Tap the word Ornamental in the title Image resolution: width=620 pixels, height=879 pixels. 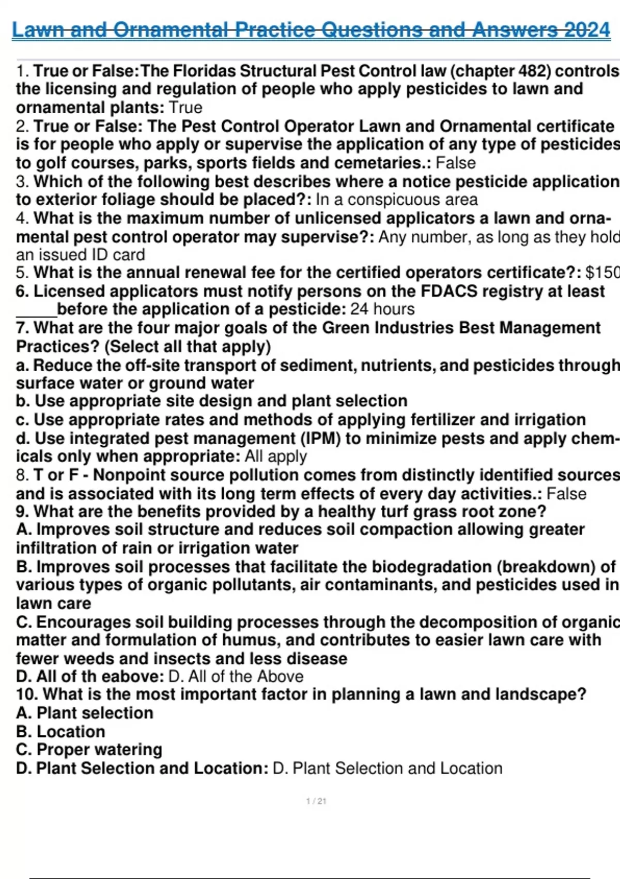(171, 30)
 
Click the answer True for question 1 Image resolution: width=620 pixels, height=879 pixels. (185, 108)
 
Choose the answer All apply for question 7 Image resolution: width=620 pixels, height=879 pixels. (276, 457)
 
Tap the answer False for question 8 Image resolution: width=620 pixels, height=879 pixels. (566, 493)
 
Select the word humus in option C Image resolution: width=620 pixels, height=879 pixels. (251, 640)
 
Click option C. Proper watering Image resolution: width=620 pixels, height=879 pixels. (89, 750)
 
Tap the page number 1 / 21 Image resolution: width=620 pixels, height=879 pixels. (316, 801)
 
